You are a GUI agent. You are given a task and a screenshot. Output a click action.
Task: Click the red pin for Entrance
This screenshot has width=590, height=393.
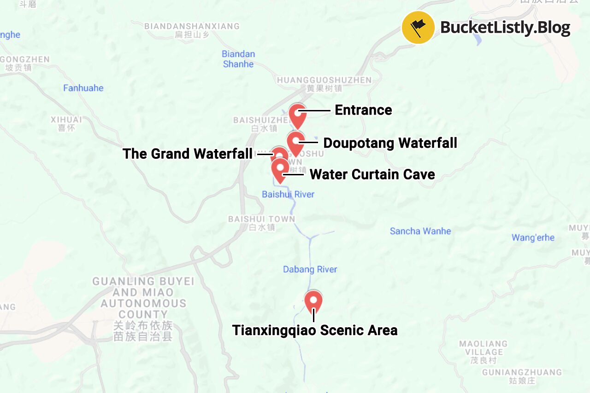coord(298,115)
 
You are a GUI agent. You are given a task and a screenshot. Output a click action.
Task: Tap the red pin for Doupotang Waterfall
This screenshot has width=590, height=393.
coord(295,142)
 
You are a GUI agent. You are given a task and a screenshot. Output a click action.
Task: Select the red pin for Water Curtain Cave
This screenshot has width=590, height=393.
coord(280,169)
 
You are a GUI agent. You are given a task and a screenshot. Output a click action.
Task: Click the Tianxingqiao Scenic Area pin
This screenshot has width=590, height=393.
coord(313,301)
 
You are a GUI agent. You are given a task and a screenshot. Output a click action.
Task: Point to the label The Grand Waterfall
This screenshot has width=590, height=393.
coord(187,154)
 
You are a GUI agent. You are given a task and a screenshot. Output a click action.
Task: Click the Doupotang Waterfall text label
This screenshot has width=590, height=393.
coord(390,143)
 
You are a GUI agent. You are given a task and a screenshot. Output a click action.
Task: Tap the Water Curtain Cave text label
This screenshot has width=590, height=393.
coord(372,174)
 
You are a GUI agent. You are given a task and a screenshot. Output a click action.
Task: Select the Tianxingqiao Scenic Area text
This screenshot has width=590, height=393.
coord(315,330)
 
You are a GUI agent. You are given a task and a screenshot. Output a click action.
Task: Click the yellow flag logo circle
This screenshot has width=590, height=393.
coord(418,28)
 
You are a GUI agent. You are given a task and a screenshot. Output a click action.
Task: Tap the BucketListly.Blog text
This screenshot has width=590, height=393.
coord(505,28)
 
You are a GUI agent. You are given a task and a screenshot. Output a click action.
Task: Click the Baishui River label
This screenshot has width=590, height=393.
coord(288,194)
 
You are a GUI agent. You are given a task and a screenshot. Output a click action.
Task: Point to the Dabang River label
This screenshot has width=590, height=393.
coord(310,269)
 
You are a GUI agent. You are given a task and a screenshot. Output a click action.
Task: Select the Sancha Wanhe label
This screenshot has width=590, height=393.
coord(420,231)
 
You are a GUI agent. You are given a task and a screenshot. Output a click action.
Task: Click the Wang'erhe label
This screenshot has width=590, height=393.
coord(533,238)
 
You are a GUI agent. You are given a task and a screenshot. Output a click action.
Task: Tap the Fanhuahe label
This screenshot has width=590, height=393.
coord(83,88)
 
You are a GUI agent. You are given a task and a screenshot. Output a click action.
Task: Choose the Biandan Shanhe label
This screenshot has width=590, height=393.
coord(238,59)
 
